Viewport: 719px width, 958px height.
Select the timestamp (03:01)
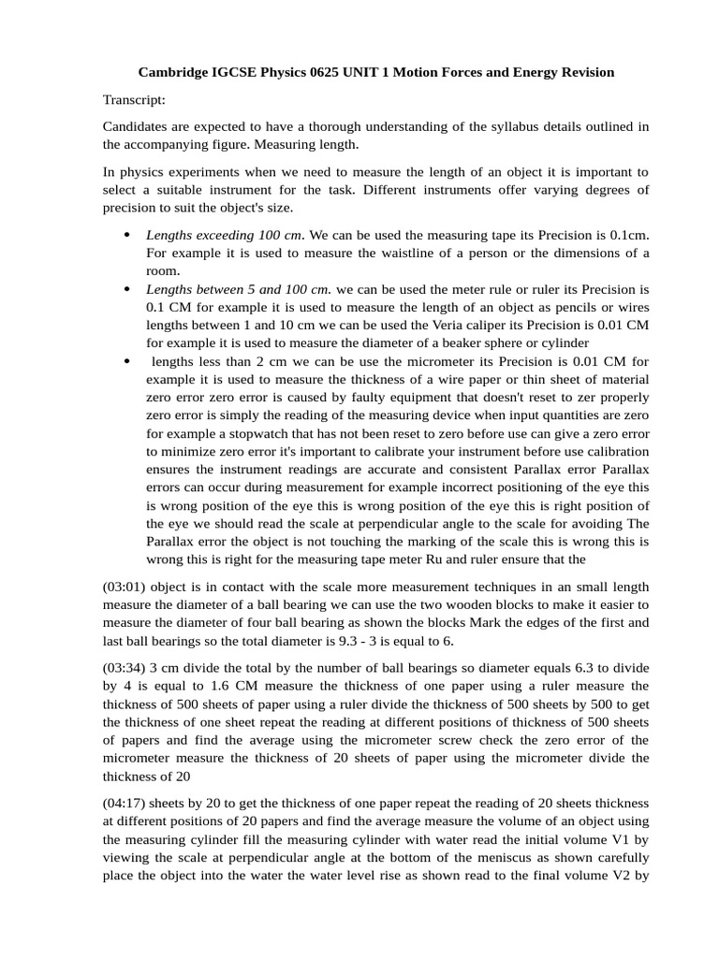pyautogui.click(x=124, y=588)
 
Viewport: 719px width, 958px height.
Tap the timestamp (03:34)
pyautogui.click(x=124, y=668)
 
